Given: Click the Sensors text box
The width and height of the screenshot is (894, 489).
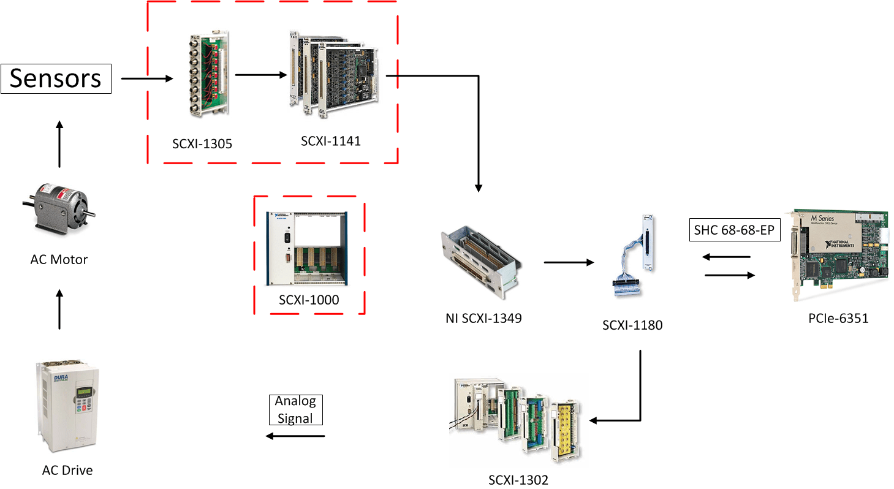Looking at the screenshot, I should click(56, 78).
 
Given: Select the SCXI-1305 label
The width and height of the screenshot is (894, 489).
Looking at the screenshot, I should click(202, 145).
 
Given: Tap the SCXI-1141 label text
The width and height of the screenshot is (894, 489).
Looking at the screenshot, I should click(331, 142).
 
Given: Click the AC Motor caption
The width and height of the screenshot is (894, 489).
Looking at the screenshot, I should click(59, 259).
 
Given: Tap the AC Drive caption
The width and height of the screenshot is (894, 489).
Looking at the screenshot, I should click(67, 471).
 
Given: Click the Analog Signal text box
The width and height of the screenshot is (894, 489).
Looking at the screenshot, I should click(295, 410).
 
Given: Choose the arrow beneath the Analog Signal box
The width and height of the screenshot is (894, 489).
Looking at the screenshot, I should click(295, 436).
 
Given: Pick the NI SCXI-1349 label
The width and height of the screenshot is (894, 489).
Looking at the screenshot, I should click(483, 318).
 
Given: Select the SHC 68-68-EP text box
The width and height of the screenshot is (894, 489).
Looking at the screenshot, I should click(734, 230).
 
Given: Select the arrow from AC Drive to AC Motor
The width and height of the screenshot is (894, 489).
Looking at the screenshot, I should click(59, 310).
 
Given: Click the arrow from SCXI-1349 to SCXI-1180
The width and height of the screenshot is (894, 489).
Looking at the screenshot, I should click(569, 263).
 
